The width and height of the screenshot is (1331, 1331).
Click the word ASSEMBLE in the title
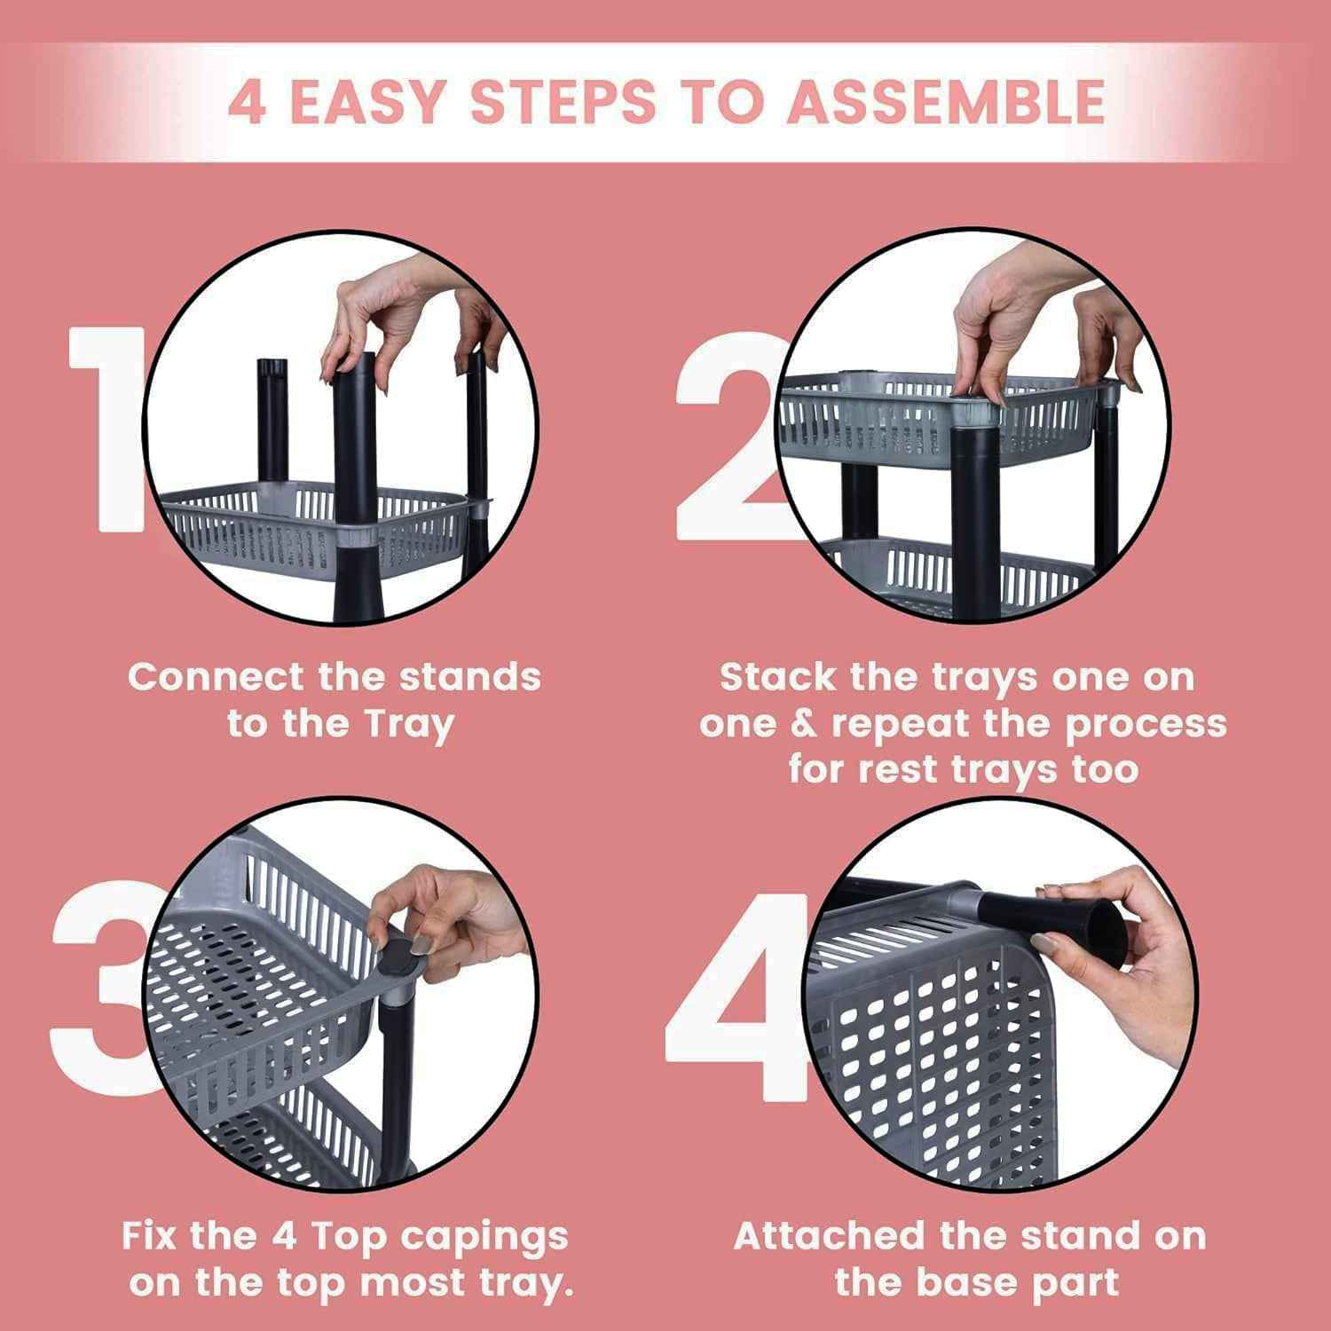(x=946, y=102)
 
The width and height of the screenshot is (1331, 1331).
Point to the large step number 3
(x=98, y=994)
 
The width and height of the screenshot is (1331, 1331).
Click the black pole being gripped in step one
(x=355, y=444)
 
